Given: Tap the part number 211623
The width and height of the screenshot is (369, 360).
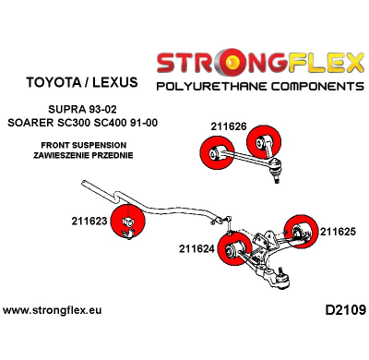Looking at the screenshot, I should pyautogui.click(x=89, y=222).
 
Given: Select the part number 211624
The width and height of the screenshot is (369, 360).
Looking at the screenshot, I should pyautogui.click(x=196, y=248).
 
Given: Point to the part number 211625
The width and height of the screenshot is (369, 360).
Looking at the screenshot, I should pyautogui.click(x=337, y=232).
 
